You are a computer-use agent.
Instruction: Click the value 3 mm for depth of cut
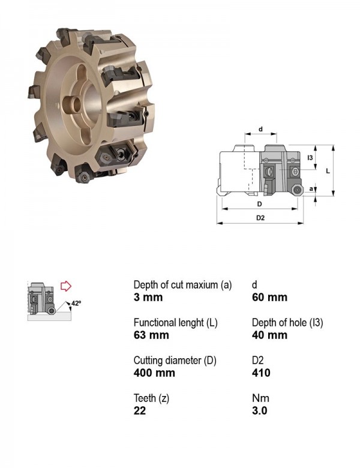[x=148, y=297]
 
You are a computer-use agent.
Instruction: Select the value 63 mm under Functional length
[x=151, y=335]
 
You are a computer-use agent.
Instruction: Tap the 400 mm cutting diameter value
[x=154, y=373]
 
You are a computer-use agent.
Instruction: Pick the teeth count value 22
[x=140, y=410]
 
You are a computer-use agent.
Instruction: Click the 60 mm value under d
[x=269, y=297]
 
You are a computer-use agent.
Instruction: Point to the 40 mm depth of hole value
[x=269, y=335]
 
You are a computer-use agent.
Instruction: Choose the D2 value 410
[x=261, y=373]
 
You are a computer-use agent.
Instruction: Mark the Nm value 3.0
[x=260, y=410]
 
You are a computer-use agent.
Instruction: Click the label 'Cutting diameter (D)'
[x=175, y=361]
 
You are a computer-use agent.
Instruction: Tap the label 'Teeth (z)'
[x=151, y=398]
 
